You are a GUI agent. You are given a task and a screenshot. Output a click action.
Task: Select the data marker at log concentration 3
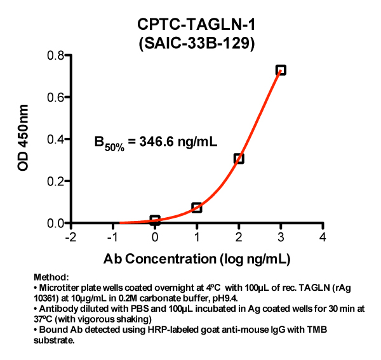(281, 70)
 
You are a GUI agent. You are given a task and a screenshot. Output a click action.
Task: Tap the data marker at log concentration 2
(239, 159)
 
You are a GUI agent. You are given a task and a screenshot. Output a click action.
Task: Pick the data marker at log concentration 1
(197, 208)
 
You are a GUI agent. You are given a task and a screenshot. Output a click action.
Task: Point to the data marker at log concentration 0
(155, 220)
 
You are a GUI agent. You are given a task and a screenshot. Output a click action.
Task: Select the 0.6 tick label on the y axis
(55, 97)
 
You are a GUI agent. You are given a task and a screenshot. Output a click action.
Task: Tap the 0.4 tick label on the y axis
(55, 139)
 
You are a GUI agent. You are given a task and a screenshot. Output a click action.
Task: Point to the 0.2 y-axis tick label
(55, 181)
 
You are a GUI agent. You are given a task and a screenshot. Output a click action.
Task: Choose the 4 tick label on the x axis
(323, 237)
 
